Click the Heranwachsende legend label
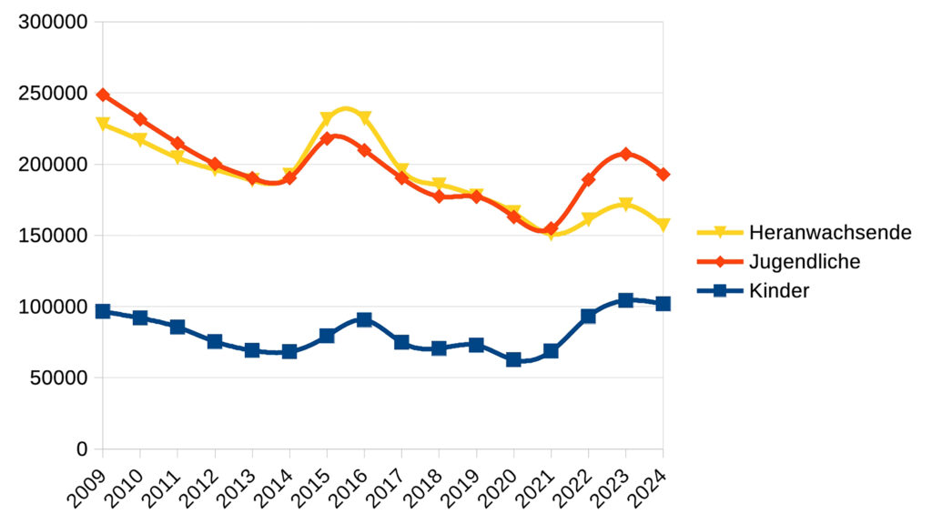point(830,232)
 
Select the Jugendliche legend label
point(805,262)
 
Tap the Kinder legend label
point(779,291)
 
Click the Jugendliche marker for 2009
point(103,95)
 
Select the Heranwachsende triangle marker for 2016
point(364,118)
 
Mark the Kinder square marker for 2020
point(513,359)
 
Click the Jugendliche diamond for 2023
point(625,154)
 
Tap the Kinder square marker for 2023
point(625,300)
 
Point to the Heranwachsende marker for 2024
point(663,225)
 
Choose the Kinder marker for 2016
point(364,319)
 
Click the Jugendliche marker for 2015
point(327,138)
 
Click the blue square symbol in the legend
point(720,291)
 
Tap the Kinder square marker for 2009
point(103,311)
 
